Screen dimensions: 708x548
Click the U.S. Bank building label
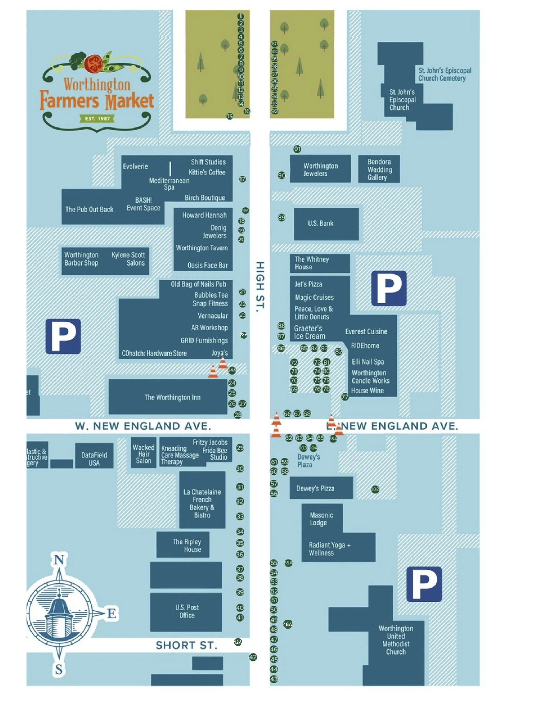(x=320, y=223)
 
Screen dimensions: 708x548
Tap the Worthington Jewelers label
(x=320, y=169)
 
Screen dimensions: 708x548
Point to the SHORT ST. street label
(x=186, y=645)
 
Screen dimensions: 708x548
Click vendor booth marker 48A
(x=288, y=624)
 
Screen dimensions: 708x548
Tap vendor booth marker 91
(x=297, y=149)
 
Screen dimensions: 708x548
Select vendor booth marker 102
(x=375, y=489)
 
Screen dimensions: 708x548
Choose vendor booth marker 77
(x=345, y=397)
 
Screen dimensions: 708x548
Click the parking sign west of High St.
(x=63, y=336)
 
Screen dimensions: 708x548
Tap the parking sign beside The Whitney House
(x=389, y=288)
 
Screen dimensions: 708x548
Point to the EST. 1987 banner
(x=97, y=119)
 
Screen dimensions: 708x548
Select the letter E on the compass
(x=111, y=613)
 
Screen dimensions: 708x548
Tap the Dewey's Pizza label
(x=315, y=488)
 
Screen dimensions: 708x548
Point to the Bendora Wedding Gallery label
(x=379, y=169)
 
